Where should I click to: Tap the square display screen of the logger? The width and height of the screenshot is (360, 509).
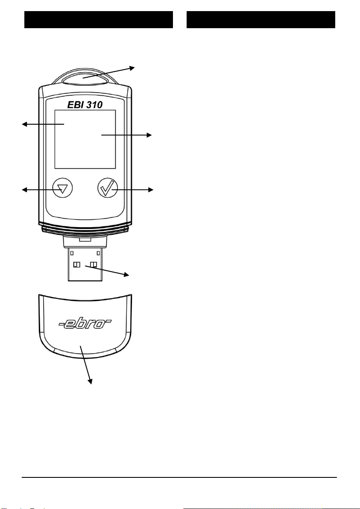click(x=85, y=139)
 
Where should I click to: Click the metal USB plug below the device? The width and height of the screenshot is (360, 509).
click(x=85, y=265)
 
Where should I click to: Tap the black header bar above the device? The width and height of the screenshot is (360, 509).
click(x=99, y=20)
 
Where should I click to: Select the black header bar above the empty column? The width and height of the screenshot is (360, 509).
click(x=261, y=20)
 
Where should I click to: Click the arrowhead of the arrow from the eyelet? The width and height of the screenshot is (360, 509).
click(x=132, y=67)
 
